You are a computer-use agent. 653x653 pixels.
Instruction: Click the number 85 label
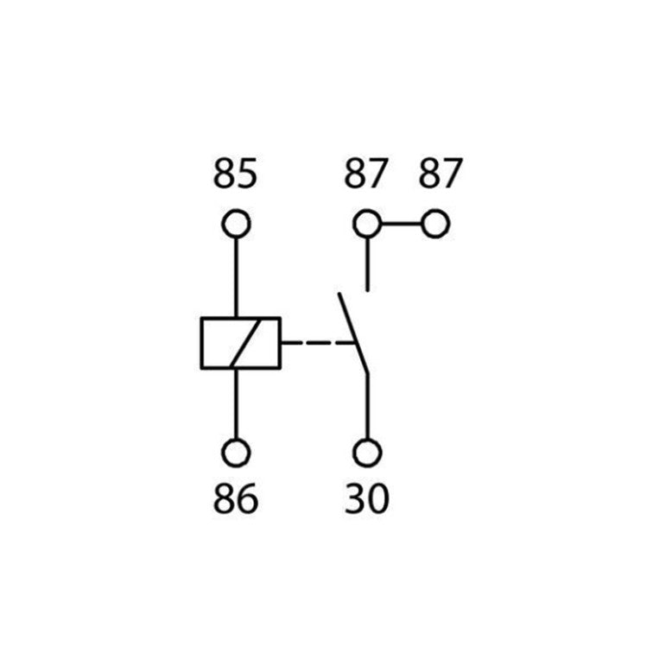click(x=235, y=173)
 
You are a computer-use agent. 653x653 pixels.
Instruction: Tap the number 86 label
click(x=235, y=498)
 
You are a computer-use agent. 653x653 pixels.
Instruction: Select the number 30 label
click(x=367, y=498)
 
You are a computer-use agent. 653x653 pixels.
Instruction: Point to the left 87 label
click(x=366, y=173)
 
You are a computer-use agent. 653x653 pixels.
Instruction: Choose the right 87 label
click(x=441, y=173)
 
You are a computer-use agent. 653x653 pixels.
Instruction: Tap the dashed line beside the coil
click(x=317, y=343)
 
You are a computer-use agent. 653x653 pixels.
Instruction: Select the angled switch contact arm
click(x=353, y=333)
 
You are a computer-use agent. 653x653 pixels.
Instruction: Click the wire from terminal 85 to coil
click(x=236, y=277)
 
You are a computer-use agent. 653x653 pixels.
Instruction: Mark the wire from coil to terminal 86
click(x=236, y=403)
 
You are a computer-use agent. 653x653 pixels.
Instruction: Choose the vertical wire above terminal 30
click(x=367, y=406)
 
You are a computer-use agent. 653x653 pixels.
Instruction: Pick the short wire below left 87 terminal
click(x=367, y=264)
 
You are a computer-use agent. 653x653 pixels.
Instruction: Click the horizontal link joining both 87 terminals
click(x=402, y=224)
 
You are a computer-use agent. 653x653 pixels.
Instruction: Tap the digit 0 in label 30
click(x=378, y=498)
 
